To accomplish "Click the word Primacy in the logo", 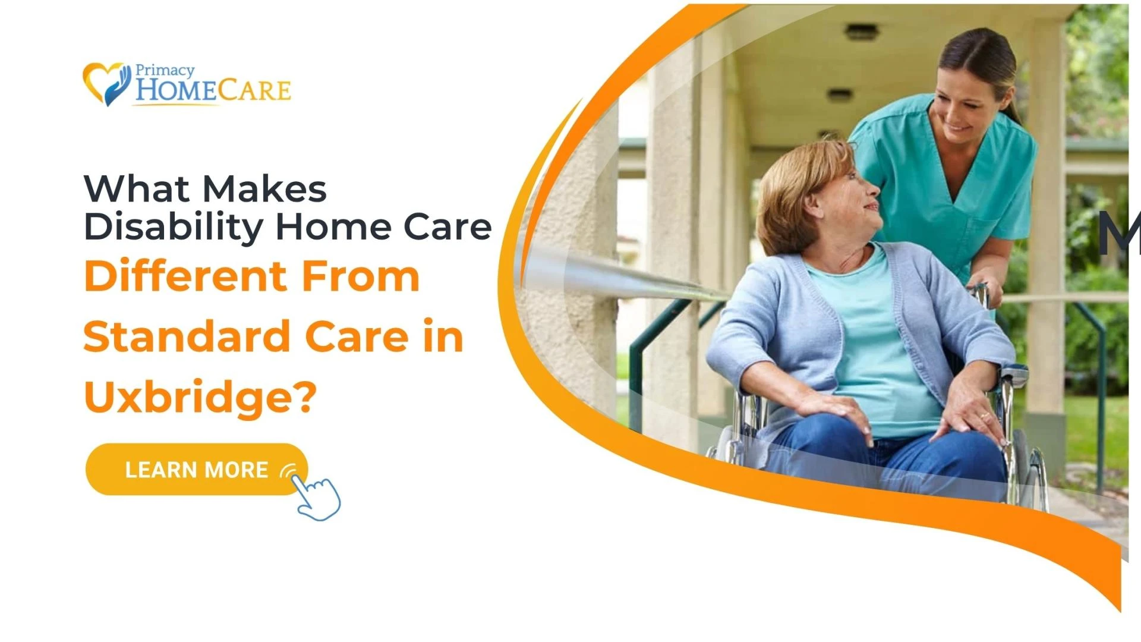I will [x=165, y=71].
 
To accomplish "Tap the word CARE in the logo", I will [x=254, y=91].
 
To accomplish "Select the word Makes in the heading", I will [x=264, y=190].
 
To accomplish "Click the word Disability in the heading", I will [x=173, y=228].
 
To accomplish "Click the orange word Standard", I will [x=186, y=336].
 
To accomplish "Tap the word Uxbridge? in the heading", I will [x=200, y=397].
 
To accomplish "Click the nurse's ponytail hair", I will [x=1004, y=71].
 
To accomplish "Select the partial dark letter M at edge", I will [x=1118, y=234].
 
